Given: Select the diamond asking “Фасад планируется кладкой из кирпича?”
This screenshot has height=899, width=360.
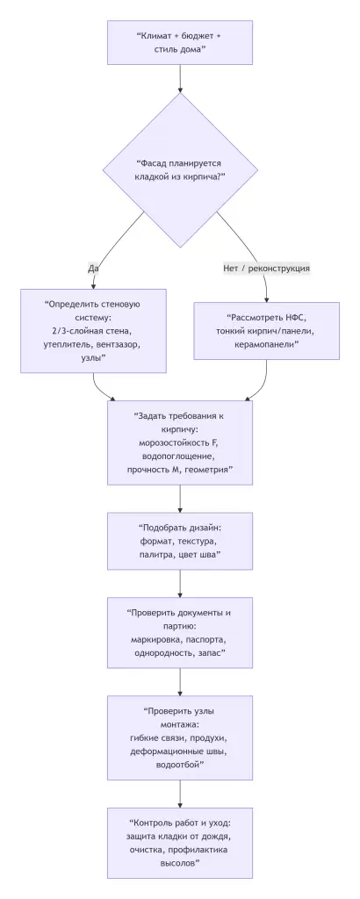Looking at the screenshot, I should [x=179, y=169].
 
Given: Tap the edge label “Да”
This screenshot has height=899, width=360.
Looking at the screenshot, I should [x=94, y=268].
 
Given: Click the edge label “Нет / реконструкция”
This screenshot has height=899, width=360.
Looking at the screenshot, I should [x=267, y=268].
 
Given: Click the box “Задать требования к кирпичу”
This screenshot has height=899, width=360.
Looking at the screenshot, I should [x=179, y=443].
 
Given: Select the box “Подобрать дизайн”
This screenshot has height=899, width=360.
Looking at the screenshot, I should [x=179, y=543].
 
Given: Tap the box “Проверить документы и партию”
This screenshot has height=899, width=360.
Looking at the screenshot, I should [x=179, y=634].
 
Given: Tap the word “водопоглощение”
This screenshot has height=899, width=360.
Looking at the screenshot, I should [x=179, y=457].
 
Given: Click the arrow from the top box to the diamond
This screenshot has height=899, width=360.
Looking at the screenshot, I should [x=179, y=79].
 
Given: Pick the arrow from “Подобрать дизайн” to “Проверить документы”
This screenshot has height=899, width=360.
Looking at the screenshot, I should [x=179, y=586].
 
